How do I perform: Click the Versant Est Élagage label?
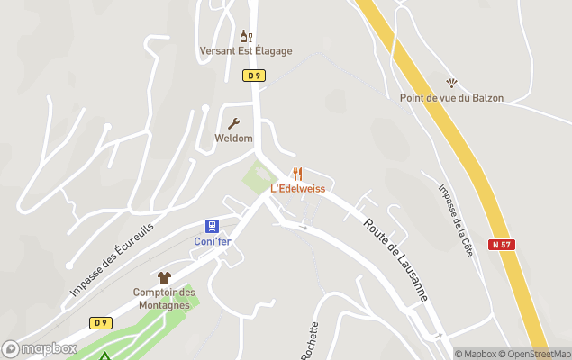[246, 51]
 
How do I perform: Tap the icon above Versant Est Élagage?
[245, 36]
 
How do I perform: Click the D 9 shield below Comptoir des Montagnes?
[100, 322]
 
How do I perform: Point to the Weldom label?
[233, 139]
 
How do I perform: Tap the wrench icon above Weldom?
[233, 123]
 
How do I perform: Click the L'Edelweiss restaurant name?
[297, 189]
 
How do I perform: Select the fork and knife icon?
[298, 174]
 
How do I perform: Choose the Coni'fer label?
[213, 241]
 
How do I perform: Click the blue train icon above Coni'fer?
[212, 225]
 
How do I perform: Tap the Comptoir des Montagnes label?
[164, 299]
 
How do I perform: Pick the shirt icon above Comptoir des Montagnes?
[164, 277]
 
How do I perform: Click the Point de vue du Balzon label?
[451, 98]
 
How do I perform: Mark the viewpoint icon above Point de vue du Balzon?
[451, 83]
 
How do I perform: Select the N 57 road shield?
[502, 245]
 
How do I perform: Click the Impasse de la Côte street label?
[455, 220]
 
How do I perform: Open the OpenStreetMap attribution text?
[537, 354]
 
